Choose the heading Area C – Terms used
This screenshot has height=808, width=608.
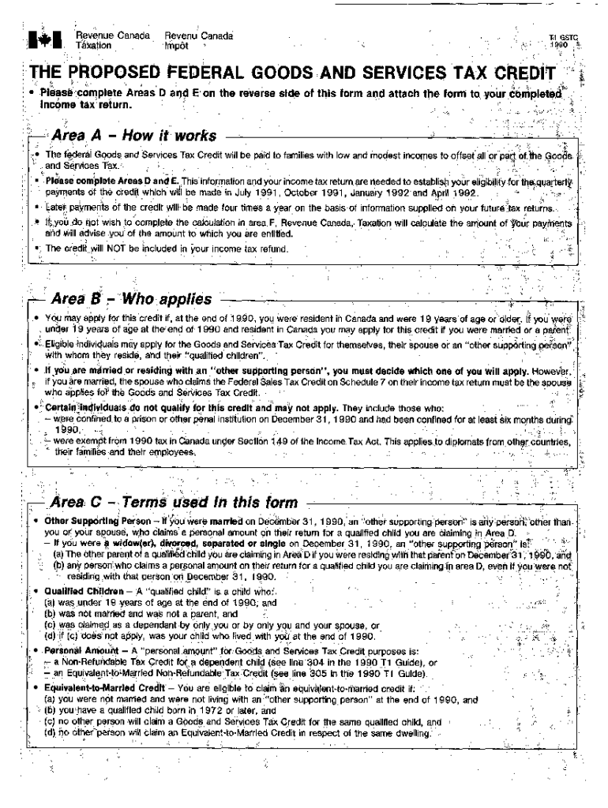point(174,503)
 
